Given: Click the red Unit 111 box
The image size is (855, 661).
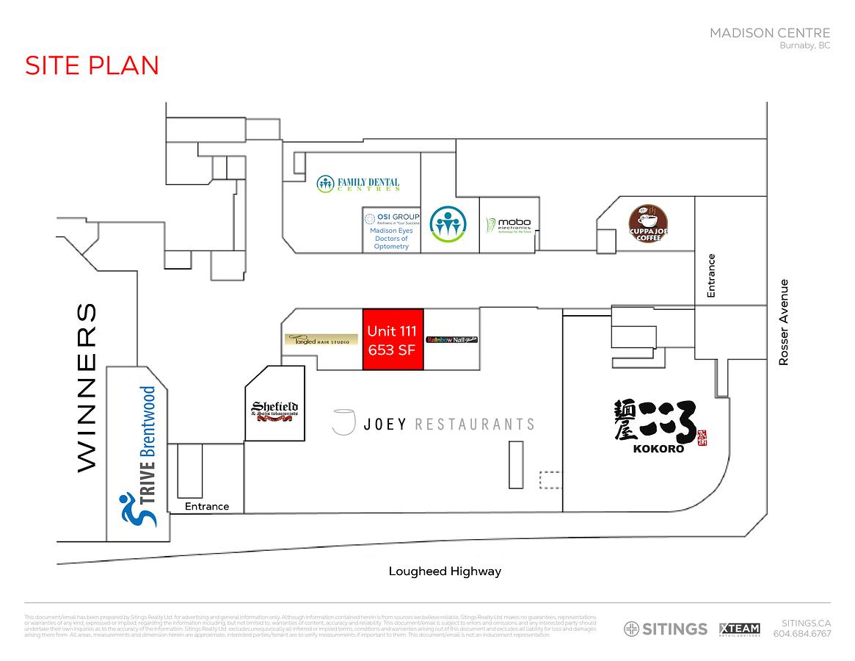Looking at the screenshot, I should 393,339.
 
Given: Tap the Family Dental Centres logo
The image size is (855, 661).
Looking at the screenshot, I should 358,184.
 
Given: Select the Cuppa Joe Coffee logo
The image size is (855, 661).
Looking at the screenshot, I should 649,224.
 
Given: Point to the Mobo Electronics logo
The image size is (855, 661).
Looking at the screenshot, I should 509,225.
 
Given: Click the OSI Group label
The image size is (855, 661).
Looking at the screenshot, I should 392,217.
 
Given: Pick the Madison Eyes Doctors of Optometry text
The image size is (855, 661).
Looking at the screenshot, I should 391,239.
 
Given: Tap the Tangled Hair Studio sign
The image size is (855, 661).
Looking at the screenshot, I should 317,340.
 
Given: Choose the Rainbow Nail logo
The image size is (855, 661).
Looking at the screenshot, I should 451,340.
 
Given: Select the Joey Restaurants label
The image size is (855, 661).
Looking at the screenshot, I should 433,424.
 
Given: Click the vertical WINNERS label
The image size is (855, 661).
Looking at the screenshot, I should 87,387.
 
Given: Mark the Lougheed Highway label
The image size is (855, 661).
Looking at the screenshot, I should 445,571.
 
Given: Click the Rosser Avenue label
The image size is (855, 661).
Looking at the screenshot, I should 784,322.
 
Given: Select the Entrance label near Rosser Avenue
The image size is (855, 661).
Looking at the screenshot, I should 710,275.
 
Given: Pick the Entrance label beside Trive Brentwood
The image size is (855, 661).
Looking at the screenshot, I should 207,506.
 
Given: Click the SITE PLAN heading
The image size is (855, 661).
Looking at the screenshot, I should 92,65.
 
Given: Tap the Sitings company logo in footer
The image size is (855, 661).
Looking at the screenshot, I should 666,629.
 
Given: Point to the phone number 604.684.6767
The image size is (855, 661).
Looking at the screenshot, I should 802,634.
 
